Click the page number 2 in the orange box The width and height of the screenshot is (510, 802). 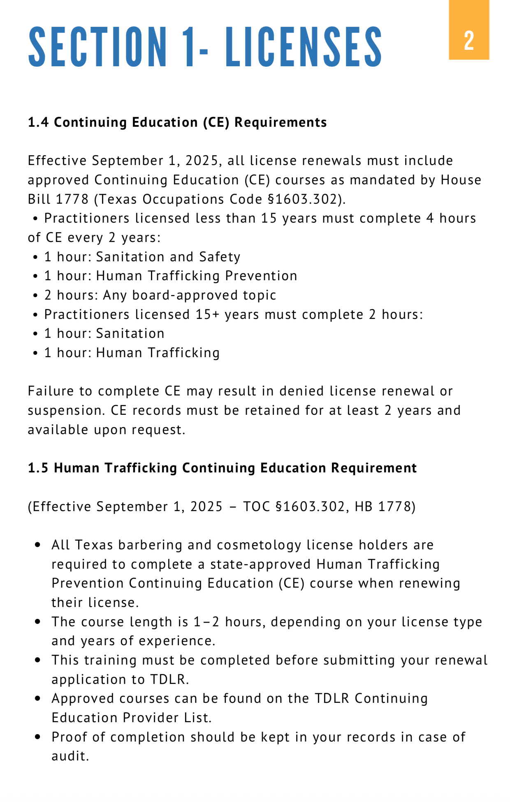point(469,41)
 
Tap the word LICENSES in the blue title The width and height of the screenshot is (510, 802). point(304,47)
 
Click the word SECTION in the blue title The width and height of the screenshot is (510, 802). point(97,47)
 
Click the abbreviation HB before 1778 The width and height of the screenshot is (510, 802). point(364,507)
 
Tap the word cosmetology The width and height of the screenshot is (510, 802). point(259,545)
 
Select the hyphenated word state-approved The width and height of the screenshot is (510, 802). point(260,564)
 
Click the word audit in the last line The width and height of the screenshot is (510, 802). point(70,756)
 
